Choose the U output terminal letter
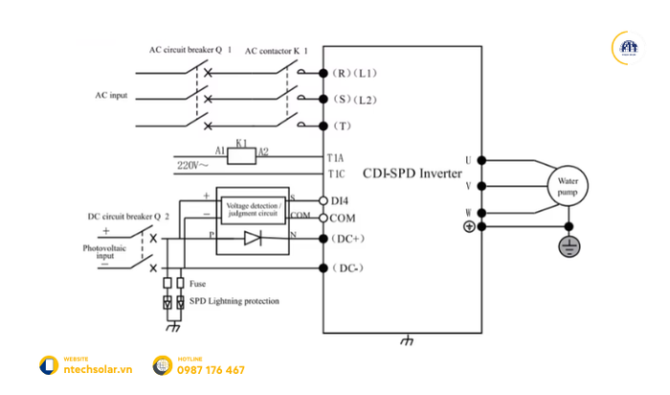tap(468, 159)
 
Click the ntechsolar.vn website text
tap(96, 370)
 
